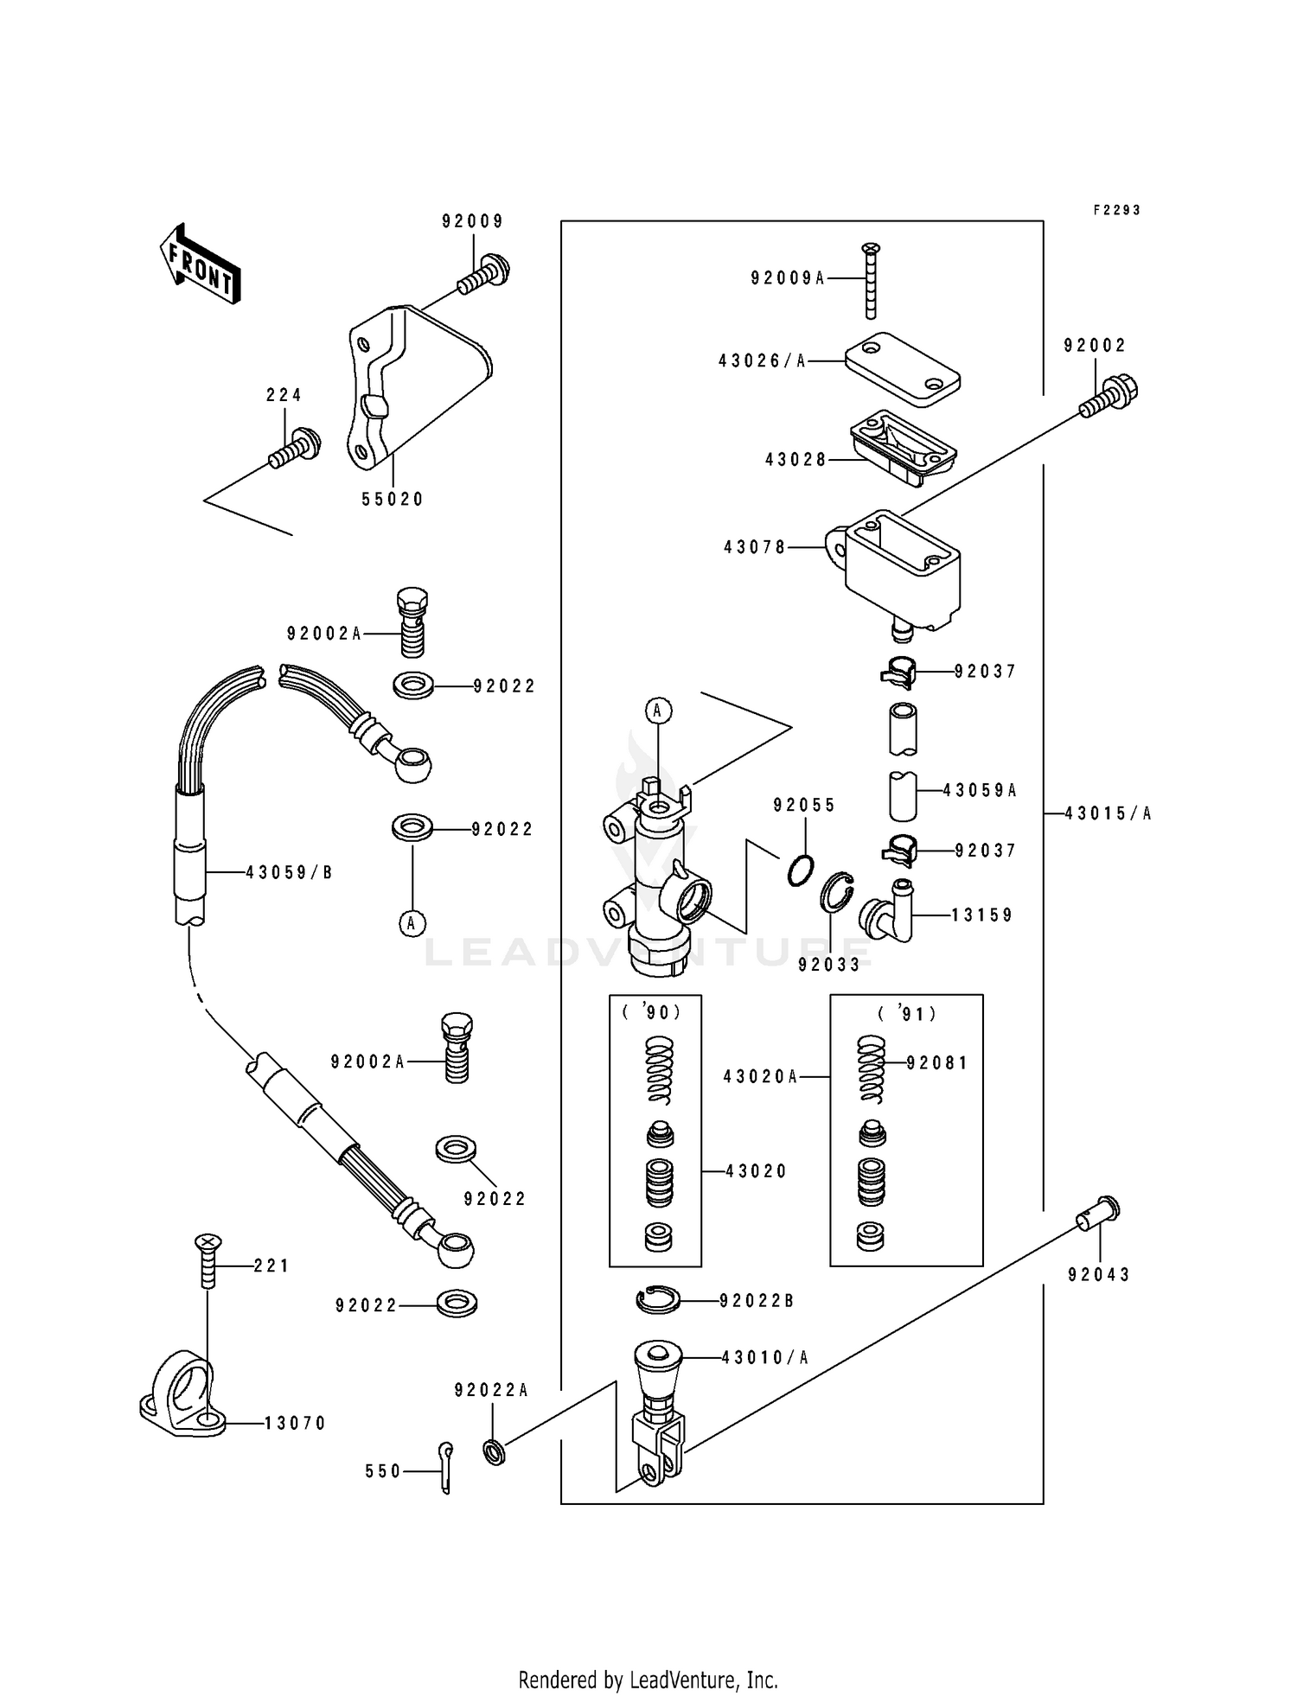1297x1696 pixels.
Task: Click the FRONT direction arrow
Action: pos(200,265)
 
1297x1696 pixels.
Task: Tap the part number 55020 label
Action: pos(393,500)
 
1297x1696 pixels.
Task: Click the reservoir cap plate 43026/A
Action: pos(902,368)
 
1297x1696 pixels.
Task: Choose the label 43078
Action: pos(755,547)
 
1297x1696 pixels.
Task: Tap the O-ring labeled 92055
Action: pos(802,869)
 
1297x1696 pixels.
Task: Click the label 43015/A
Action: pos(1109,813)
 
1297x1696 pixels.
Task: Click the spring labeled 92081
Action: pos(872,1069)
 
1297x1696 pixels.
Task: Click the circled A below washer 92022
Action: pos(412,923)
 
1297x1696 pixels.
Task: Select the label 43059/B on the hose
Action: pos(289,873)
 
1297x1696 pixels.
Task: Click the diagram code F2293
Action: pos(1116,210)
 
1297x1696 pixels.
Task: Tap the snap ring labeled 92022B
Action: pos(659,1300)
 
